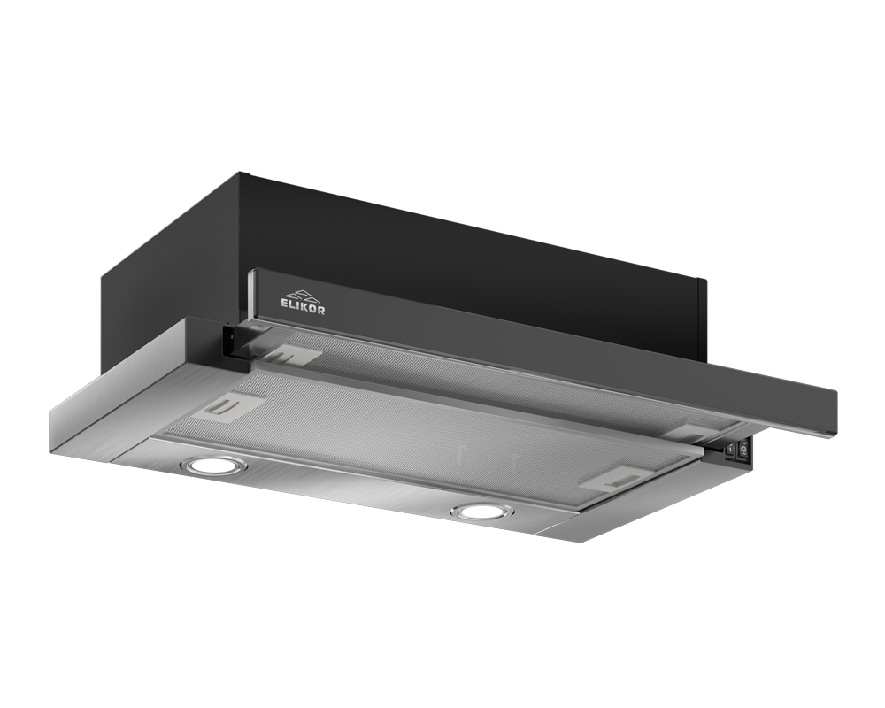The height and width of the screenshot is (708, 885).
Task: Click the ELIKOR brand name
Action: click(x=303, y=306)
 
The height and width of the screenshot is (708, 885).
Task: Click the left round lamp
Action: click(x=213, y=466)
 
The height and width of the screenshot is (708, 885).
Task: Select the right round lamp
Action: click(x=484, y=512)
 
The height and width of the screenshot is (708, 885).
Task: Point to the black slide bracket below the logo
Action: click(x=237, y=342)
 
